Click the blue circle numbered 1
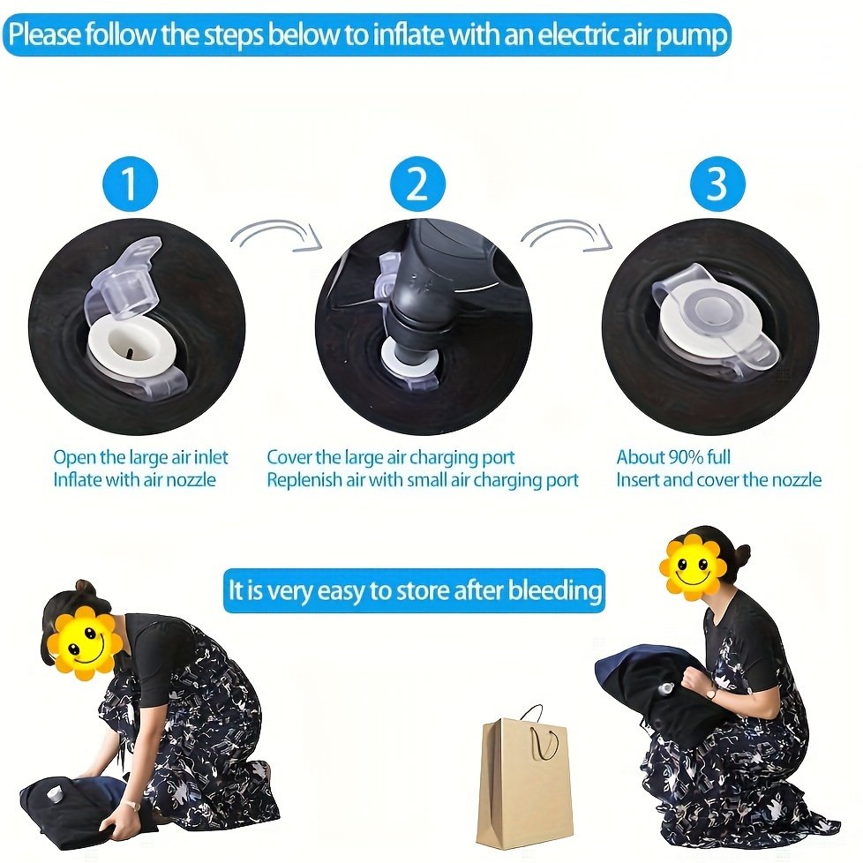tap(131, 184)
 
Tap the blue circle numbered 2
tap(417, 184)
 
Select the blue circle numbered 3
tap(717, 184)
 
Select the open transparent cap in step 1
tap(124, 281)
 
